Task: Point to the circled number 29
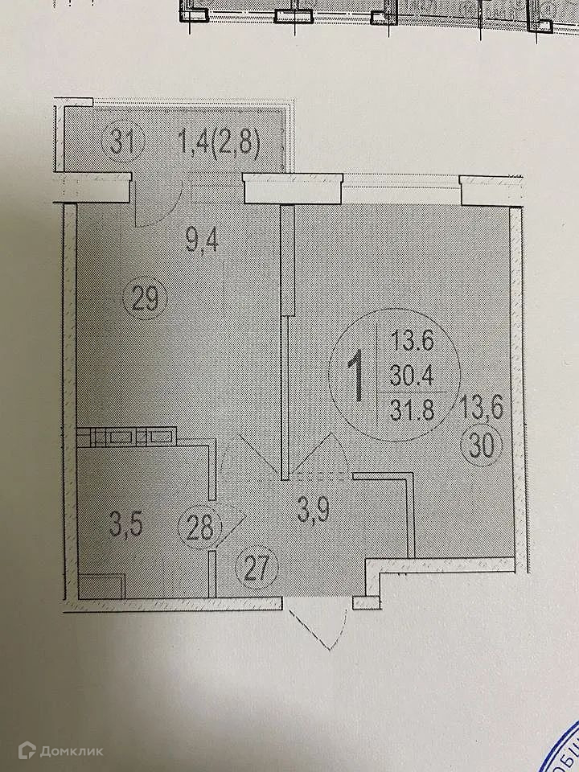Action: tap(146, 302)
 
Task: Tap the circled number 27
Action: tap(257, 572)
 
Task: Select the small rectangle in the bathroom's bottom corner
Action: tap(102, 585)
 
